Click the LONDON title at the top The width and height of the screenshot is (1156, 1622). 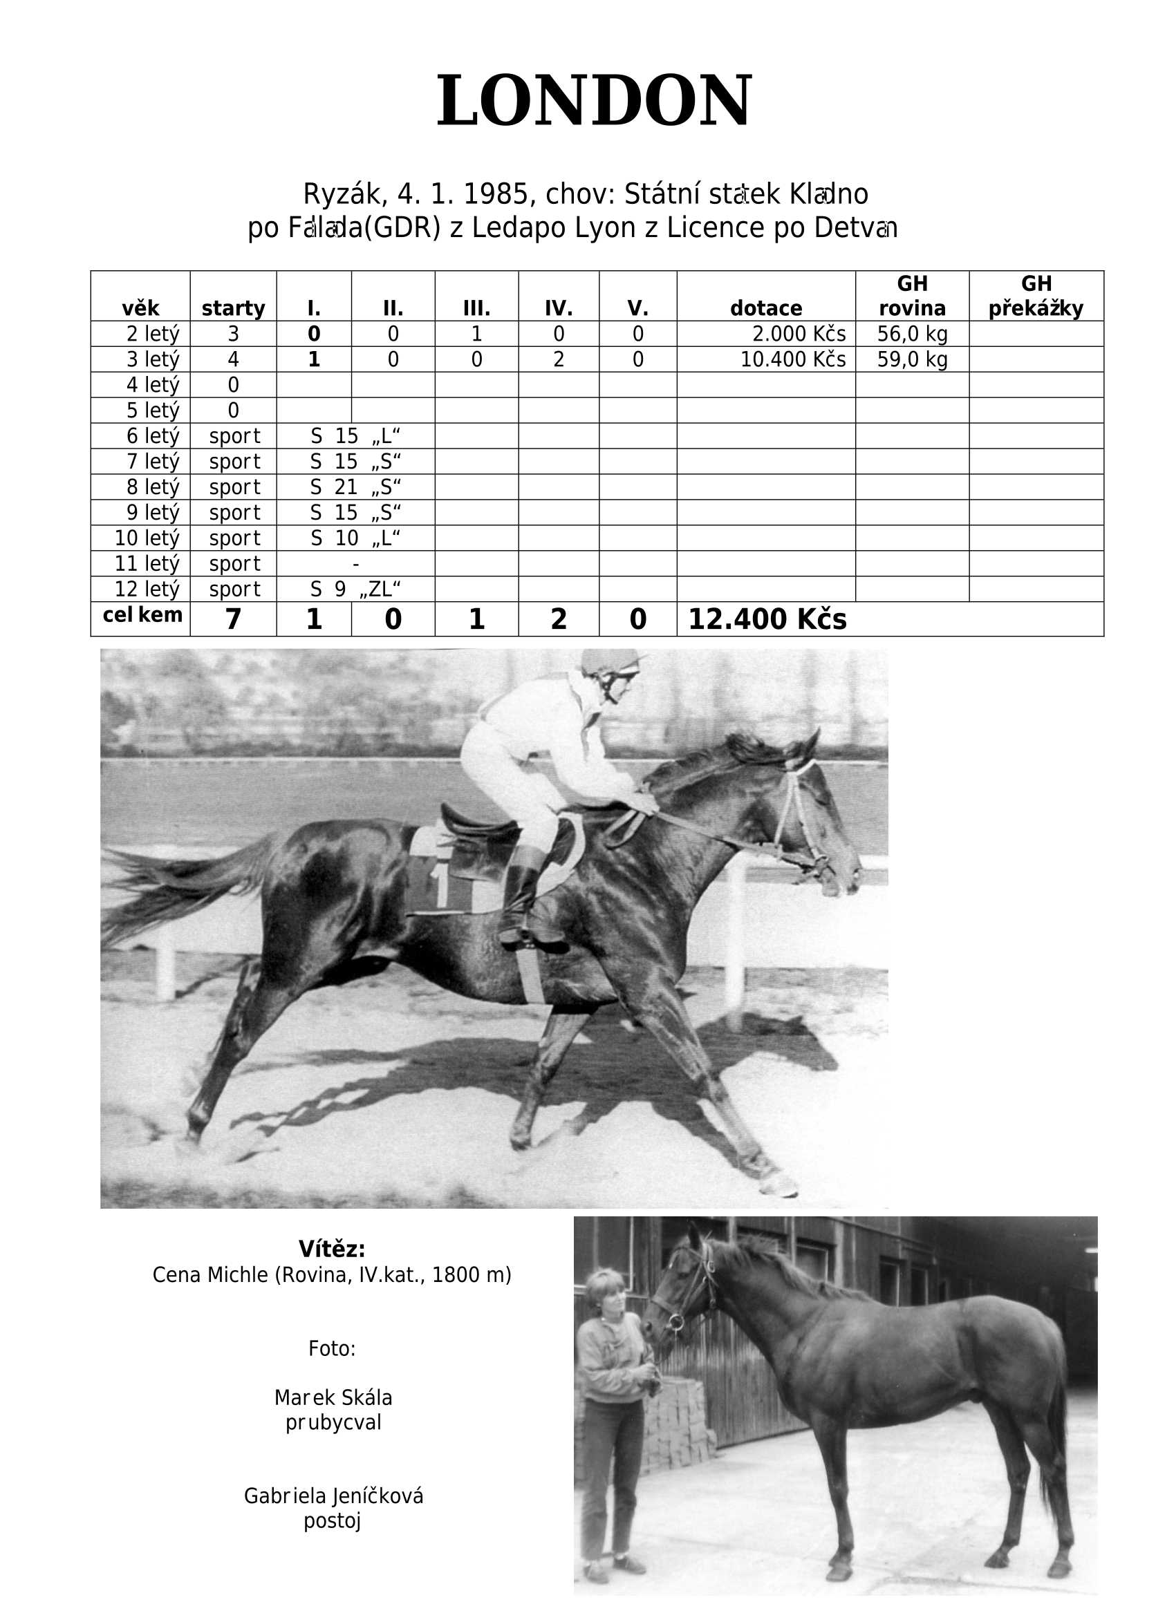594,100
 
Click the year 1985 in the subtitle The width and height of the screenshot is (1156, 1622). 496,194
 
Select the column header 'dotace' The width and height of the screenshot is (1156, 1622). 766,308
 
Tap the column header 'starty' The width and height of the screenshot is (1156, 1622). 233,308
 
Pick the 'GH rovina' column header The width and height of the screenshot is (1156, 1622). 912,296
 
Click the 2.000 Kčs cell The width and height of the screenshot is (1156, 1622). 799,334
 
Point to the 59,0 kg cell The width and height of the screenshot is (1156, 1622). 912,359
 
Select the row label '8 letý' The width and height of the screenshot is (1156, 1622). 152,487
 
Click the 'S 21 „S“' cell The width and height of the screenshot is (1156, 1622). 355,487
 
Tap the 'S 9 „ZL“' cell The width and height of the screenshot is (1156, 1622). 355,589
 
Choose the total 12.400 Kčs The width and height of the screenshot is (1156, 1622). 767,619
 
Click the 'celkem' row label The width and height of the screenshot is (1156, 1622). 142,614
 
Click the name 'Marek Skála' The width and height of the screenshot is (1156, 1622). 333,1397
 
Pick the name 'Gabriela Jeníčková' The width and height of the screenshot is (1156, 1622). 333,1496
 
